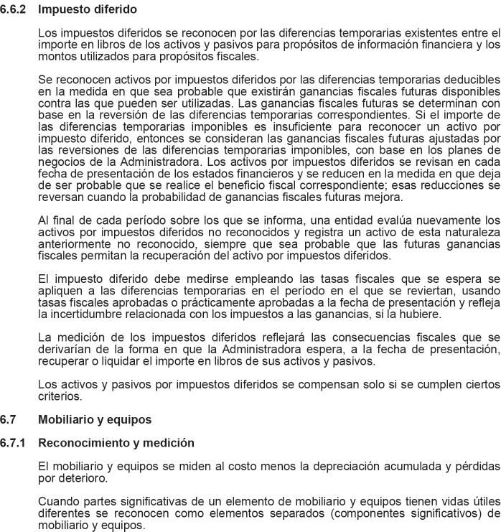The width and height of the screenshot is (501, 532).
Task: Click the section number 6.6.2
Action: coord(13,10)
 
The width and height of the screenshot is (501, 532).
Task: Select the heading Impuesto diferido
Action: coord(87,10)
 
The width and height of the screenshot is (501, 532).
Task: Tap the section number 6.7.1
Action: coord(13,443)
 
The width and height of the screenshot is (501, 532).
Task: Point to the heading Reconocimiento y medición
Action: coord(116,443)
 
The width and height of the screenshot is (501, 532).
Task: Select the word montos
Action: coord(55,56)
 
